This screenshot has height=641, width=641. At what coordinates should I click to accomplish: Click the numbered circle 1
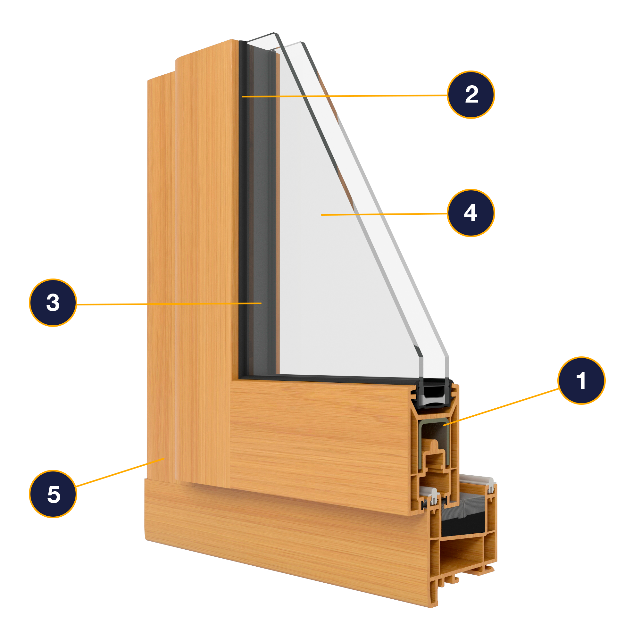581,380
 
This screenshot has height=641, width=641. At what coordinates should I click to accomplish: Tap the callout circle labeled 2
471,95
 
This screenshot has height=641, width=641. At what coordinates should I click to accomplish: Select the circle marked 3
53,303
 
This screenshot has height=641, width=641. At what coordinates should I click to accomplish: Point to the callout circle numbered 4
471,213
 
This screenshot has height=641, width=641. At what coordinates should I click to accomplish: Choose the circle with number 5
53,494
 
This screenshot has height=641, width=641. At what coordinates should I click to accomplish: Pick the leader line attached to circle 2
345,96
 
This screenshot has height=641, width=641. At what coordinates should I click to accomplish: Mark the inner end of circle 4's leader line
322,215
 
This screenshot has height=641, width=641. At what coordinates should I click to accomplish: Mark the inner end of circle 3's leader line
261,303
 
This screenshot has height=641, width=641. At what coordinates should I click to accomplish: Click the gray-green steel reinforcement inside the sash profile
421,445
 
